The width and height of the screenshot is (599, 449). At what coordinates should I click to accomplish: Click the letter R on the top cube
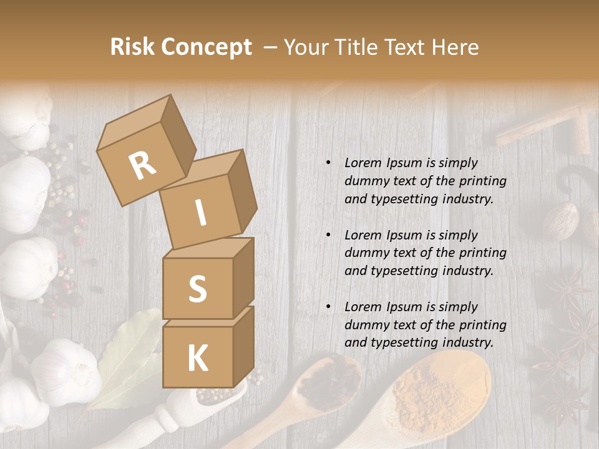click(142, 166)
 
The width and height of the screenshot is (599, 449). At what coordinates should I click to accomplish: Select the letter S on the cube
click(197, 289)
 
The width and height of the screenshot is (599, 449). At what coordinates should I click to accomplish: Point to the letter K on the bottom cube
click(197, 358)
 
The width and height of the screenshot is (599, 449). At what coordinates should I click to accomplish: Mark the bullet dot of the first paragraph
click(328, 163)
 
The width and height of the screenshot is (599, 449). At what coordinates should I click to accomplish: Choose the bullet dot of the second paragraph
click(328, 235)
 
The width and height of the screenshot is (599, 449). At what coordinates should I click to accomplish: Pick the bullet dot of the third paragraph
click(328, 307)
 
